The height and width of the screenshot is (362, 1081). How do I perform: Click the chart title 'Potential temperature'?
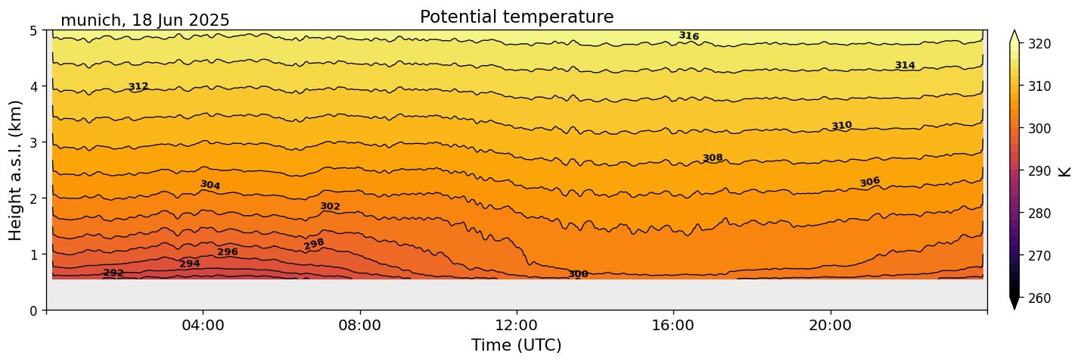[x=517, y=17]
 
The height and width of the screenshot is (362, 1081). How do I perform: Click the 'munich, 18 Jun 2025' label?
[x=144, y=20]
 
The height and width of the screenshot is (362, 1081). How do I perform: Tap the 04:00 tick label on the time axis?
[x=203, y=325]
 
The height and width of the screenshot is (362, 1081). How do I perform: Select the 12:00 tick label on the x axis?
[x=517, y=325]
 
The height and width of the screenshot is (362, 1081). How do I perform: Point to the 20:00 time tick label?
[x=830, y=325]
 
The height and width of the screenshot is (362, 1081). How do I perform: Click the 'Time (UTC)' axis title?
[x=517, y=345]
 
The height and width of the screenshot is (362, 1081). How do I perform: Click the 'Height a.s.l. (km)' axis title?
[x=17, y=170]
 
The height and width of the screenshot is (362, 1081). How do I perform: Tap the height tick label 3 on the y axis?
[x=33, y=142]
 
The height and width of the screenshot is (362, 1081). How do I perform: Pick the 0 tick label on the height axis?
[x=33, y=311]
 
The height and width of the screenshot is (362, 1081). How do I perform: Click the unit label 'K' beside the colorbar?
[x=1065, y=170]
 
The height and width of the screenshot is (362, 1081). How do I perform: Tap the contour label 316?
[x=688, y=36]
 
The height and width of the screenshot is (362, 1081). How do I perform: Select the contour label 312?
[x=138, y=86]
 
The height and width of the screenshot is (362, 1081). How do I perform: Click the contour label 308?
[x=713, y=158]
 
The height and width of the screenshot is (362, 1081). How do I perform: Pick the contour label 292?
[x=113, y=273]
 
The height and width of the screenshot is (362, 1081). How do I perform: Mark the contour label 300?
[x=578, y=274]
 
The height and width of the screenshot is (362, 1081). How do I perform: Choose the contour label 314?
[x=905, y=66]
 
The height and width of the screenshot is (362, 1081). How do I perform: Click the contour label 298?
[x=314, y=244]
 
